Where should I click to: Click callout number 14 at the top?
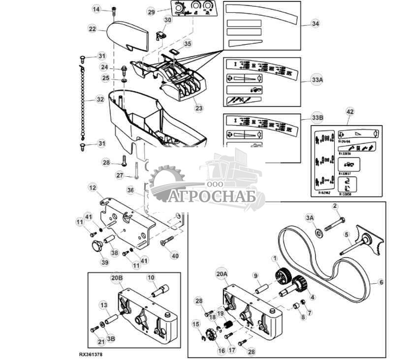[x=96, y=9]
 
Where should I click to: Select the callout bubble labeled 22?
[x=92, y=29]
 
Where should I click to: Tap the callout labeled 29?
[x=151, y=12]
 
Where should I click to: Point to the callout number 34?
[x=316, y=23]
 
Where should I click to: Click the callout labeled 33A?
[x=318, y=79]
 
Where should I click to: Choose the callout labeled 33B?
[x=318, y=118]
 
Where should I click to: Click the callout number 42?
[x=350, y=112]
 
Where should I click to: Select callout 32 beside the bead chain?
[x=100, y=99]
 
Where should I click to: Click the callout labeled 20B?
[x=117, y=278]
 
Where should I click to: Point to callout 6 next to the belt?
[x=381, y=283]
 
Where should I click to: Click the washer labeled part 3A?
[x=319, y=231]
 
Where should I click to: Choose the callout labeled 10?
[x=151, y=278]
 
